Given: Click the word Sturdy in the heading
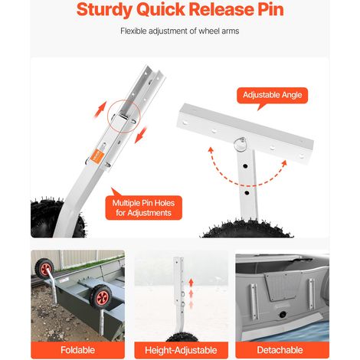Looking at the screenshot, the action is click(104, 10).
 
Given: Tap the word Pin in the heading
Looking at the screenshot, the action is click(270, 9).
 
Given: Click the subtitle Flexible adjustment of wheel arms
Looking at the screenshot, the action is click(180, 31).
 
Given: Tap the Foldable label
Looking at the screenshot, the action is click(77, 350).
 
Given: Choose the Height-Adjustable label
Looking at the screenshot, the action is click(181, 350).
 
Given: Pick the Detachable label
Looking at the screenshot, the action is click(280, 350).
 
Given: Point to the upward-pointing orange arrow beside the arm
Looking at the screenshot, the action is click(100, 109).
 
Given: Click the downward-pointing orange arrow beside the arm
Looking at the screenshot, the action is click(141, 135).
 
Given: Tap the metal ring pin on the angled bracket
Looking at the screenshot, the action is click(241, 142).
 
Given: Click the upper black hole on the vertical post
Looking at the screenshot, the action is click(245, 166).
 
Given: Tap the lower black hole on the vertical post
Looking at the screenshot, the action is click(247, 192).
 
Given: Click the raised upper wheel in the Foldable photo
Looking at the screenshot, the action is click(44, 268).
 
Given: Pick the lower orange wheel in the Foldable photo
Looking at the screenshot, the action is click(101, 297).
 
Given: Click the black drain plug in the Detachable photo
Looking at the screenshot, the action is click(283, 315).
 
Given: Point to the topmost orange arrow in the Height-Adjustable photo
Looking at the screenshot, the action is click(191, 283).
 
